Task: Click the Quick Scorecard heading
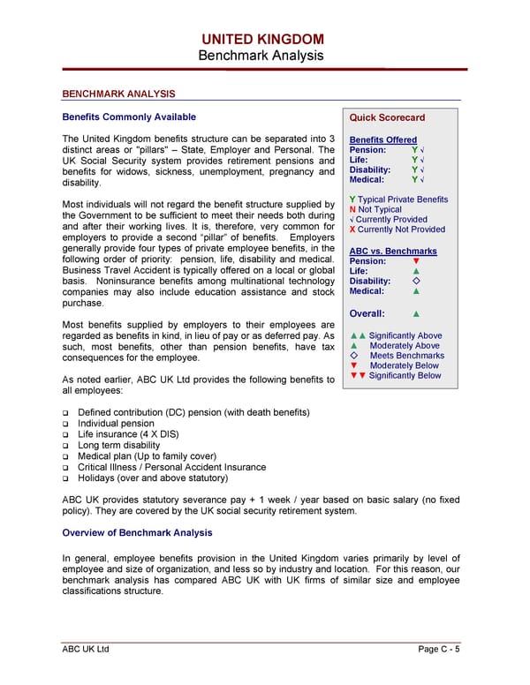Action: (x=387, y=117)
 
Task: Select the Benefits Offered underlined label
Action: (x=383, y=140)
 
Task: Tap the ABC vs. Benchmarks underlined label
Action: (x=393, y=252)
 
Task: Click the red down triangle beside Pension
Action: (x=416, y=261)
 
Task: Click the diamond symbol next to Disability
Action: (x=416, y=282)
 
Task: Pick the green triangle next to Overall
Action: (x=416, y=313)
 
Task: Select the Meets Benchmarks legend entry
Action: (x=406, y=356)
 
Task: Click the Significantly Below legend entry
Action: (x=405, y=376)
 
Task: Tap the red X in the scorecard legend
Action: (x=352, y=230)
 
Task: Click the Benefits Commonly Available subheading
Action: (x=129, y=117)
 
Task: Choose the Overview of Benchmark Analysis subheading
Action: (x=137, y=533)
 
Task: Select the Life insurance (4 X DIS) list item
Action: (x=127, y=434)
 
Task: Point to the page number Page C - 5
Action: (x=439, y=650)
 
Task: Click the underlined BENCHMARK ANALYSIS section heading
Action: (x=118, y=94)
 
